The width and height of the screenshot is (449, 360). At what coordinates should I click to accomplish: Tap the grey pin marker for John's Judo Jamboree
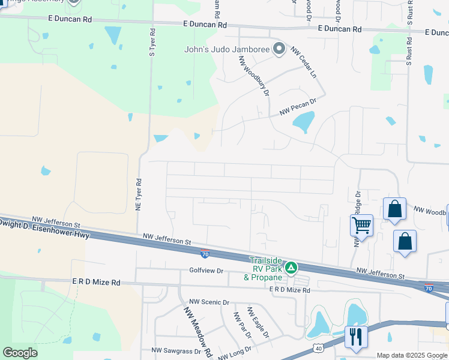coord(279,49)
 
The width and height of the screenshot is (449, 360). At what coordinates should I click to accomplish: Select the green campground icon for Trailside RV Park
coord(291,267)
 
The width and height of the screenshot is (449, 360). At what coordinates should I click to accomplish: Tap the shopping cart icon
coord(361,226)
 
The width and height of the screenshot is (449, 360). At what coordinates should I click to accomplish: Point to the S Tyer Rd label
coord(152,42)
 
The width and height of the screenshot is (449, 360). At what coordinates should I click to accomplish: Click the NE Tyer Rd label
coord(138,194)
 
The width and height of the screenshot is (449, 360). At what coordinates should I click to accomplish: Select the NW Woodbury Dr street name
coord(254,76)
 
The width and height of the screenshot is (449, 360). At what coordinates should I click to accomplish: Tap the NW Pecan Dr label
coord(298,109)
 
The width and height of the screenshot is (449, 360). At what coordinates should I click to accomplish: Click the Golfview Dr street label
coord(206,271)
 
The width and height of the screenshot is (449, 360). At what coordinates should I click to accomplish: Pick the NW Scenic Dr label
coord(209,302)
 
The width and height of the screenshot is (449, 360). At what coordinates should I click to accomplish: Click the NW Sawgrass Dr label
coord(173,350)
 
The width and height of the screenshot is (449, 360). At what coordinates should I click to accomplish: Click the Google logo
coord(20,353)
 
